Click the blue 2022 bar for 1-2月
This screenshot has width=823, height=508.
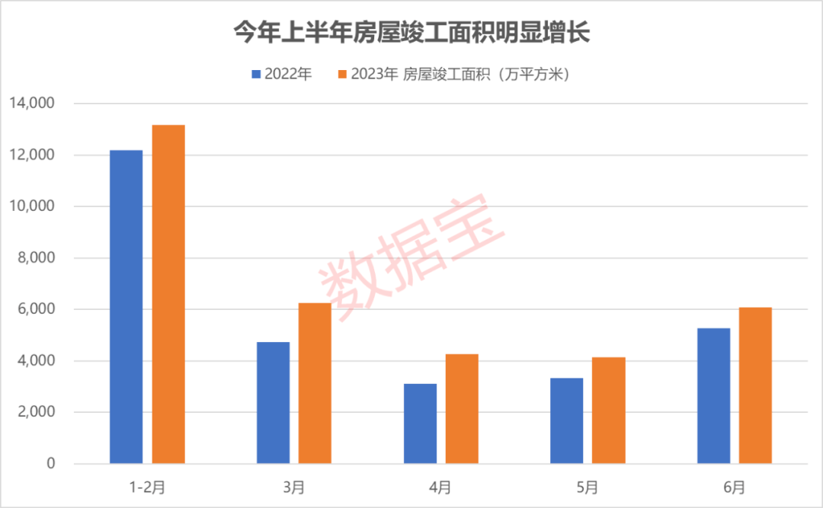click(126, 307)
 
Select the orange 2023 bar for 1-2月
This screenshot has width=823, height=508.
click(168, 294)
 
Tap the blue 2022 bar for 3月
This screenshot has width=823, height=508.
click(273, 403)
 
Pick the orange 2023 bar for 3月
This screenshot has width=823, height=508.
click(315, 383)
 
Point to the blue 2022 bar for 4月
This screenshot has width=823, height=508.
click(420, 423)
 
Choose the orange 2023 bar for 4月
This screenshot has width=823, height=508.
click(462, 409)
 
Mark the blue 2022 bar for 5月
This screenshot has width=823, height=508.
click(567, 420)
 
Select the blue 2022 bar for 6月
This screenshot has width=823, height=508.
click(713, 396)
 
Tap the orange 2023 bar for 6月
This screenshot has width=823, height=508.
click(755, 385)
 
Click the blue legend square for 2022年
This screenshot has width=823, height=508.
click(257, 74)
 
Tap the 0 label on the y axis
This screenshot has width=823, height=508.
click(52, 464)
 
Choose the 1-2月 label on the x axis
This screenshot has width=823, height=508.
click(147, 485)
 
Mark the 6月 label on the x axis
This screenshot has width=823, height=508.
click(735, 485)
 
